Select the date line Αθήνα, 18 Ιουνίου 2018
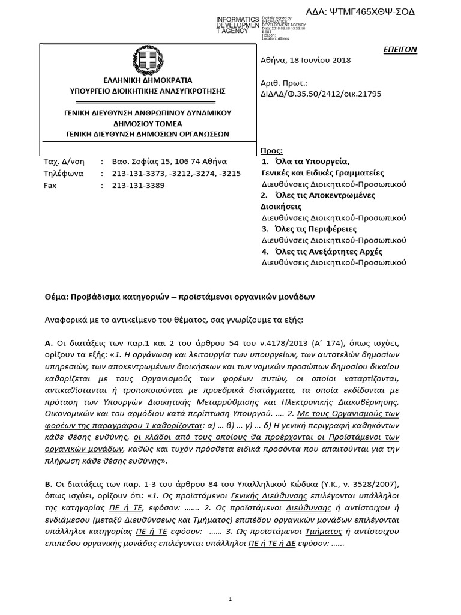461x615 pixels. [x=306, y=60]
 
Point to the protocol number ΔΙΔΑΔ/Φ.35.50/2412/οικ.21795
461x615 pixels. [x=321, y=94]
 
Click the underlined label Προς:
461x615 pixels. [x=272, y=150]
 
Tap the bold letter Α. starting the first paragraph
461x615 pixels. [x=49, y=342]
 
